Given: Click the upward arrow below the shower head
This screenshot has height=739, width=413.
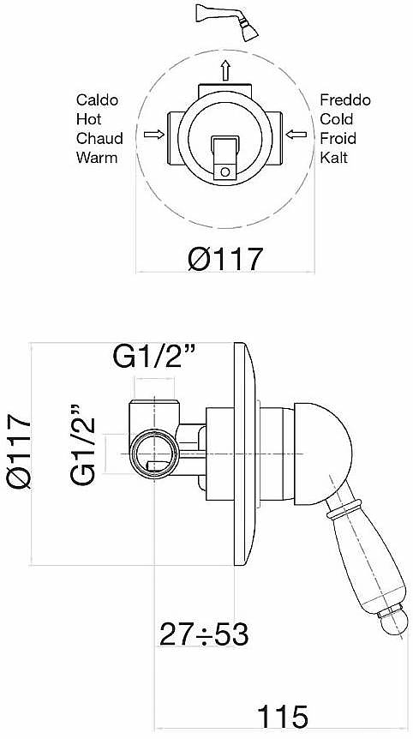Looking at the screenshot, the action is coord(225,70).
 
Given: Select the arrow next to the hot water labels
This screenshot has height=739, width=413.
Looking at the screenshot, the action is coord(154,135).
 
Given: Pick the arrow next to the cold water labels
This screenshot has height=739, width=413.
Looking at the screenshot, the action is coord(296,135).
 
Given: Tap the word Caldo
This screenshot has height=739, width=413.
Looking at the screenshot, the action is coord(98,100).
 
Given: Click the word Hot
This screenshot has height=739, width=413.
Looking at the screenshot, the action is coord(89,119).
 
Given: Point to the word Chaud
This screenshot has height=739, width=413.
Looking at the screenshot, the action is coord(100,139).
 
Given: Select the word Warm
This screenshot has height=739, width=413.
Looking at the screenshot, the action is coord(97,158).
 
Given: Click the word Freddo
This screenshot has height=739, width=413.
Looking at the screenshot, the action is coord(345,100).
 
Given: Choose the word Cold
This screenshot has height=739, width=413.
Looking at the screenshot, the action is coord(336,119).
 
